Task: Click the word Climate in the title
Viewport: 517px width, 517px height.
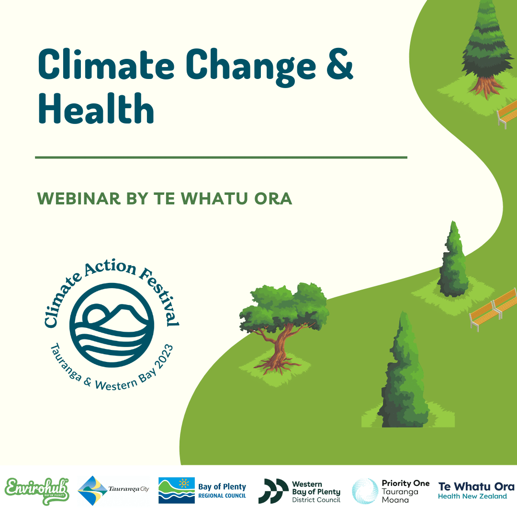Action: click(x=106, y=64)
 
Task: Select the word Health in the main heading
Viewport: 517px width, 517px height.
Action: click(x=96, y=108)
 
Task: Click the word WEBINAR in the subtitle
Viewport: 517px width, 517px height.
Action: click(x=79, y=199)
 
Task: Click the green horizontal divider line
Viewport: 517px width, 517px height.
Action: click(x=221, y=157)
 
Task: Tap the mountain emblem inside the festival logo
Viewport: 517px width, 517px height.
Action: click(x=112, y=325)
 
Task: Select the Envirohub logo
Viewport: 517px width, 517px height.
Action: click(x=37, y=491)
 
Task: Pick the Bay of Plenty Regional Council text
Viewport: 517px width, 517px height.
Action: click(x=222, y=491)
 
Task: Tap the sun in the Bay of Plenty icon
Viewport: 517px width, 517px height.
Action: click(x=184, y=483)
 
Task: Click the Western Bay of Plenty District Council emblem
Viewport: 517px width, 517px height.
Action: click(x=273, y=491)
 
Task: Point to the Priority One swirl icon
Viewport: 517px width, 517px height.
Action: click(x=365, y=491)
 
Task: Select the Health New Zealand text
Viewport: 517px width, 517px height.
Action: click(x=472, y=496)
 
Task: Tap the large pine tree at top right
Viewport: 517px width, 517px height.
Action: click(x=487, y=49)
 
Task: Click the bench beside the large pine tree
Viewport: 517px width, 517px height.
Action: click(x=507, y=114)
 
